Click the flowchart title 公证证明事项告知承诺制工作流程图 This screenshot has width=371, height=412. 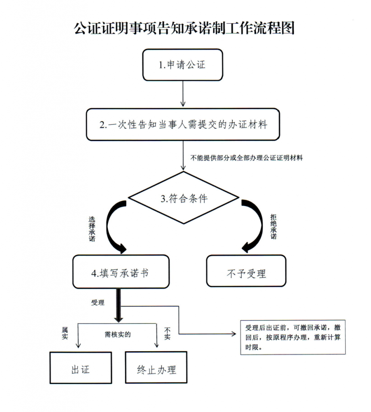pyautogui.click(x=184, y=28)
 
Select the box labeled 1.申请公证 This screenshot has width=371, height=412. pyautogui.click(x=183, y=65)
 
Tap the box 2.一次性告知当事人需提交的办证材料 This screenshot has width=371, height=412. pyautogui.click(x=183, y=124)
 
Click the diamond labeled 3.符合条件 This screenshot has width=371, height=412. pyautogui.click(x=183, y=198)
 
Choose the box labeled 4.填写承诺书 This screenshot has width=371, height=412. pyautogui.click(x=121, y=272)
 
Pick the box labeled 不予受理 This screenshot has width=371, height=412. pyautogui.click(x=246, y=271)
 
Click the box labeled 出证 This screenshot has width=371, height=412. pyautogui.click(x=80, y=368)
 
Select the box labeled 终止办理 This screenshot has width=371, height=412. pyautogui.click(x=157, y=367)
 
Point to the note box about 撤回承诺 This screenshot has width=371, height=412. pyautogui.click(x=293, y=338)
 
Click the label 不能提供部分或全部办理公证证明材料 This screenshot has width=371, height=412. pyautogui.click(x=246, y=158)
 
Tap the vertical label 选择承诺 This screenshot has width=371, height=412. pyautogui.click(x=92, y=229)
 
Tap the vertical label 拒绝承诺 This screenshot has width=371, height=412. pyautogui.click(x=274, y=227)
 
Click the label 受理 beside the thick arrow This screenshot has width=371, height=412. pyautogui.click(x=98, y=303)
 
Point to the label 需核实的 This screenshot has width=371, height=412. pyautogui.click(x=117, y=334)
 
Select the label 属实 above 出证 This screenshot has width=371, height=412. pyautogui.click(x=65, y=333)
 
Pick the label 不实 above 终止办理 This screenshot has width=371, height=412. pyautogui.click(x=167, y=334)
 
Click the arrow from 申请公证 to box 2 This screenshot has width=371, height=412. pyautogui.click(x=183, y=94)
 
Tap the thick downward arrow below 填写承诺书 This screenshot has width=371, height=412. pyautogui.click(x=118, y=305)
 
